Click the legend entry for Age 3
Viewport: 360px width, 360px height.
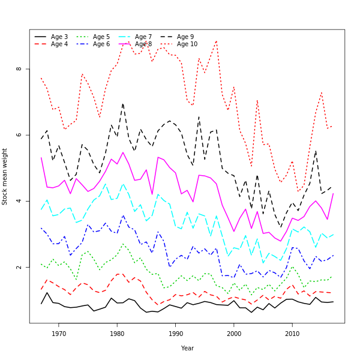click(x=59, y=37)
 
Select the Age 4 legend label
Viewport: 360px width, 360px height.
click(x=59, y=44)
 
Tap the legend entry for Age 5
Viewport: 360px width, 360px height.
click(x=101, y=37)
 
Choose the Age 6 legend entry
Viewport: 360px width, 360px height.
click(x=101, y=44)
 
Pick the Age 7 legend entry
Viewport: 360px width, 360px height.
click(x=143, y=37)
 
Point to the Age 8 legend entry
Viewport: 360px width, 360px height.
click(x=143, y=44)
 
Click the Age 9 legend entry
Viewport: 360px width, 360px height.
click(x=185, y=37)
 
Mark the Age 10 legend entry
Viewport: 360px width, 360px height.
click(x=187, y=44)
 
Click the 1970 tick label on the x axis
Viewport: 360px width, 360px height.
click(x=59, y=334)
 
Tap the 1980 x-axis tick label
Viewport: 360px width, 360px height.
click(x=117, y=334)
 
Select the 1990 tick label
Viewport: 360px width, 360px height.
click(x=175, y=334)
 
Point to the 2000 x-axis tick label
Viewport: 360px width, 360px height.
click(x=234, y=334)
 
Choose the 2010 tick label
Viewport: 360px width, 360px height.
click(x=292, y=334)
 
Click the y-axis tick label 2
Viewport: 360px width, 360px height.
click(x=19, y=267)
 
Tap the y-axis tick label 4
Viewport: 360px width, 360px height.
click(x=19, y=201)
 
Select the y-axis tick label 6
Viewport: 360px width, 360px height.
click(x=19, y=135)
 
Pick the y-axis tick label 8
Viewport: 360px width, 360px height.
click(x=19, y=69)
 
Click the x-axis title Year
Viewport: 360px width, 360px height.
click(x=187, y=348)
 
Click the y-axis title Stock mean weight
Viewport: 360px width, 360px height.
click(x=5, y=176)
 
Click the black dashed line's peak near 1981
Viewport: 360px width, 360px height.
click(x=122, y=103)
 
